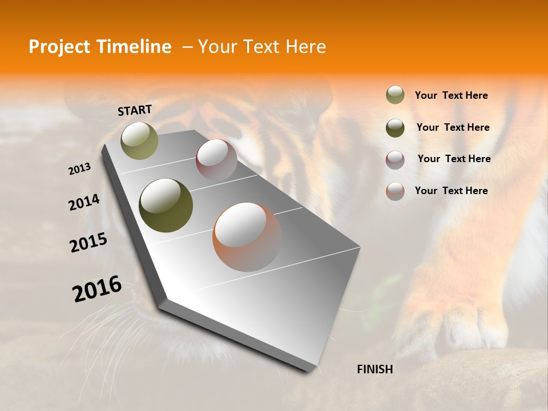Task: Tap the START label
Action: pyautogui.click(x=135, y=110)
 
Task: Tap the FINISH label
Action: pyautogui.click(x=374, y=369)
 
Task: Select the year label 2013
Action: pyautogui.click(x=80, y=169)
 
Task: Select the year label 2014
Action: pyautogui.click(x=84, y=203)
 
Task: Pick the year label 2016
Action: pyautogui.click(x=97, y=289)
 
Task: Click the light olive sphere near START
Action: pyautogui.click(x=139, y=140)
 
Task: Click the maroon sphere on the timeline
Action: pyautogui.click(x=216, y=160)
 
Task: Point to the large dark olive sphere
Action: pyautogui.click(x=166, y=205)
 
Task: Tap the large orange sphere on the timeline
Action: pyautogui.click(x=247, y=237)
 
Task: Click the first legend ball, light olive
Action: pyautogui.click(x=395, y=95)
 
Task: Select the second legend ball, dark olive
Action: pyautogui.click(x=395, y=128)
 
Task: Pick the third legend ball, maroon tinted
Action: pyautogui.click(x=395, y=160)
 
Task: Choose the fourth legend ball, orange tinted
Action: pyautogui.click(x=395, y=191)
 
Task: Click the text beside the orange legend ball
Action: pyautogui.click(x=451, y=191)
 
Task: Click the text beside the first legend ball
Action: pyautogui.click(x=451, y=95)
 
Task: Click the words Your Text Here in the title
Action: pyautogui.click(x=262, y=47)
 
